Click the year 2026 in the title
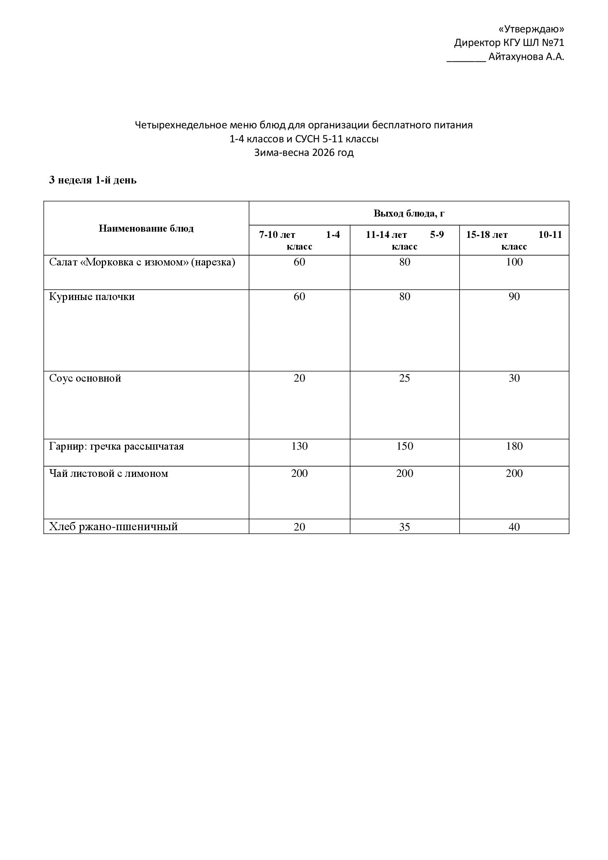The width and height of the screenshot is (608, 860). click(324, 153)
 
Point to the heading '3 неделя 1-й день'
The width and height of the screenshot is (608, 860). click(93, 180)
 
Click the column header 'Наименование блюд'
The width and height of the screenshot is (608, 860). click(146, 228)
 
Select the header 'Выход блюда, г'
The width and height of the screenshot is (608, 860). click(409, 213)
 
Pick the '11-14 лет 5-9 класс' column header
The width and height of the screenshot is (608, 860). click(404, 240)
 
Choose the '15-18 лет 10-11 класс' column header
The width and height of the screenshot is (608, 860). click(514, 240)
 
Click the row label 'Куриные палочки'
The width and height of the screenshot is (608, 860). click(92, 297)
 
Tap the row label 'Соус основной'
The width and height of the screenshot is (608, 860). click(85, 378)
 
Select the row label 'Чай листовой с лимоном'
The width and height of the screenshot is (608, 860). click(108, 474)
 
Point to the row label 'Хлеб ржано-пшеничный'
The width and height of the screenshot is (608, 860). click(113, 527)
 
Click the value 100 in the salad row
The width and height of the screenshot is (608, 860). click(514, 262)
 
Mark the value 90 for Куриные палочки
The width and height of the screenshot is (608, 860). click(514, 297)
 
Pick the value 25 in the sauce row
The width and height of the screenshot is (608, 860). click(404, 378)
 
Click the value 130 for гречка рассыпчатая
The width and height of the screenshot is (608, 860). click(299, 446)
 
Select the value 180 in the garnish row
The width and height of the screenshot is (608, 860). click(514, 446)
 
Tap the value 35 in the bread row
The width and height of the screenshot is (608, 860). click(404, 527)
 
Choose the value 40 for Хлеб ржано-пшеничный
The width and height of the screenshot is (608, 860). click(514, 527)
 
